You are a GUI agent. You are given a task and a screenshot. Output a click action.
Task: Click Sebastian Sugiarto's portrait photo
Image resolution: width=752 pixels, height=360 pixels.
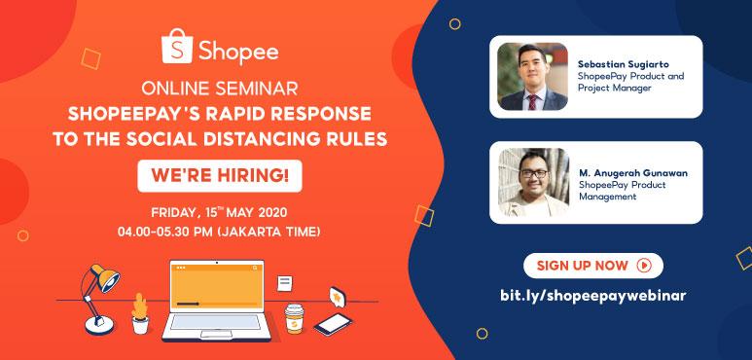pyautogui.click(x=531, y=76)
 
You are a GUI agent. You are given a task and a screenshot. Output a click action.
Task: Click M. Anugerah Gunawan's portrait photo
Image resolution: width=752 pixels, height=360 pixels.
pyautogui.click(x=531, y=183)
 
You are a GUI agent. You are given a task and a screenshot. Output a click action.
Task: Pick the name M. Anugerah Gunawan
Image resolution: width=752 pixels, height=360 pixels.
pyautogui.click(x=640, y=172)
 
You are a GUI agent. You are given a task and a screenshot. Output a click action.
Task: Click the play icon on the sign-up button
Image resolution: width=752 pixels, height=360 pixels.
pyautogui.click(x=643, y=265)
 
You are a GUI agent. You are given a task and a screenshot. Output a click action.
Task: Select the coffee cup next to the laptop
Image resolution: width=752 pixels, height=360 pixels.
pyautogui.click(x=293, y=317)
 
